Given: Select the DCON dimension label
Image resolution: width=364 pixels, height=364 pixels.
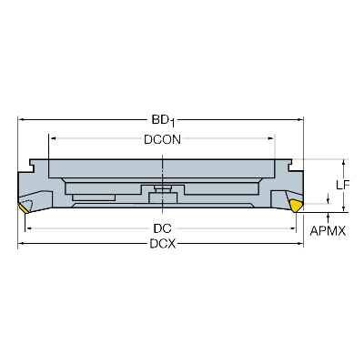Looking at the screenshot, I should pyautogui.click(x=162, y=138).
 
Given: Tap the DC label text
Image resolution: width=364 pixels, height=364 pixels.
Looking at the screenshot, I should pyautogui.click(x=162, y=228).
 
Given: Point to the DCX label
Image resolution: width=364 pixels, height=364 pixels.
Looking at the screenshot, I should pyautogui.click(x=162, y=245).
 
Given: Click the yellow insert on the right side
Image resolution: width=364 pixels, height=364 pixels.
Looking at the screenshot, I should pyautogui.click(x=297, y=207).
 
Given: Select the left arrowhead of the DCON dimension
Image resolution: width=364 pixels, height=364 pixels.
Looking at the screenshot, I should pyautogui.click(x=53, y=138).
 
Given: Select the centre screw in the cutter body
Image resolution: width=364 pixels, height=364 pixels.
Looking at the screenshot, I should pyautogui.click(x=162, y=192).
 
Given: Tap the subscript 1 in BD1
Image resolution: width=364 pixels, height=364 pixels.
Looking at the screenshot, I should pyautogui.click(x=174, y=122).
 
